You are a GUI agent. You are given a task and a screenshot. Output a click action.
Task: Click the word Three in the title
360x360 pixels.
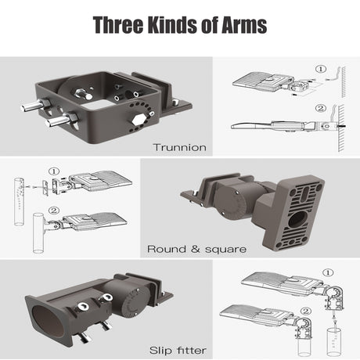tap(118, 25)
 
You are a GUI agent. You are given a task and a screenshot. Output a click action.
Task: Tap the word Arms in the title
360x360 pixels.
tap(244, 25)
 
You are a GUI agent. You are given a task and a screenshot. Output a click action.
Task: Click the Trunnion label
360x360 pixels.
tap(179, 147)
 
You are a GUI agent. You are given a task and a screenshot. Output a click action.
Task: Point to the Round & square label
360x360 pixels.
tap(196, 249)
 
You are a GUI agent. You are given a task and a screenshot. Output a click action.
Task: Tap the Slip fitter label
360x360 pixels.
tap(178, 350)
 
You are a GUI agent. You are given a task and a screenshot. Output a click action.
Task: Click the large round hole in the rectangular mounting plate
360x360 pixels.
tap(297, 218)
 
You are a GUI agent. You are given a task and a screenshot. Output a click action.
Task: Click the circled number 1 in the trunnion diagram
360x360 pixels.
tap(321, 69)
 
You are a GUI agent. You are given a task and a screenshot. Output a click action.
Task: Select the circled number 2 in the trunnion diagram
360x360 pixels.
tap(321, 108)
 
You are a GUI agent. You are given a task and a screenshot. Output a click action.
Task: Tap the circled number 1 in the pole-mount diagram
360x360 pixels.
tap(54, 171)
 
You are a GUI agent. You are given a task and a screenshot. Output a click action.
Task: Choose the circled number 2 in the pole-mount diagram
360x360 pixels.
tap(54, 211)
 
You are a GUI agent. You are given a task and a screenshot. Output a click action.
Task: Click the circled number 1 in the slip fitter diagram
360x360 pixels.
tap(328, 273)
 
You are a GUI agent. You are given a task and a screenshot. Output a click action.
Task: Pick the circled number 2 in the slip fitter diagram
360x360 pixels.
tap(306, 311)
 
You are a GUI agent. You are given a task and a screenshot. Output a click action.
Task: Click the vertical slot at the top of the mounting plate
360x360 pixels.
tap(304, 193)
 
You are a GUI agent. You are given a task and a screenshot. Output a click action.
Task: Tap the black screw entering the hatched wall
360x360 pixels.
tap(341, 126)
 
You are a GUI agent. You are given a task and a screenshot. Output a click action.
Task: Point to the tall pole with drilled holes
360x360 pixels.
tap(19, 202)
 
